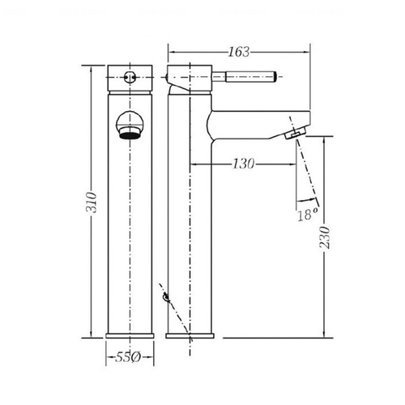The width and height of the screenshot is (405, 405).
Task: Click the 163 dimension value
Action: point(239,52)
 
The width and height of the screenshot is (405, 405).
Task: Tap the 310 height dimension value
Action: point(92,202)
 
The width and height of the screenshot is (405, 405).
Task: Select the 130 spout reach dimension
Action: point(243,164)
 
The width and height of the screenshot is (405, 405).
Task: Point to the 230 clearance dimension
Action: point(324,237)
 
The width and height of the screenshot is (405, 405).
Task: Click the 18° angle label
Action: point(308,215)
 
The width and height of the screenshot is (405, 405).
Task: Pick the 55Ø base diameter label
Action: point(128,357)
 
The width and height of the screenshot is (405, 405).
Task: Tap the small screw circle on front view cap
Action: point(130,77)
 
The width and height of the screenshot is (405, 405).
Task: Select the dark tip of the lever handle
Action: point(275,76)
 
